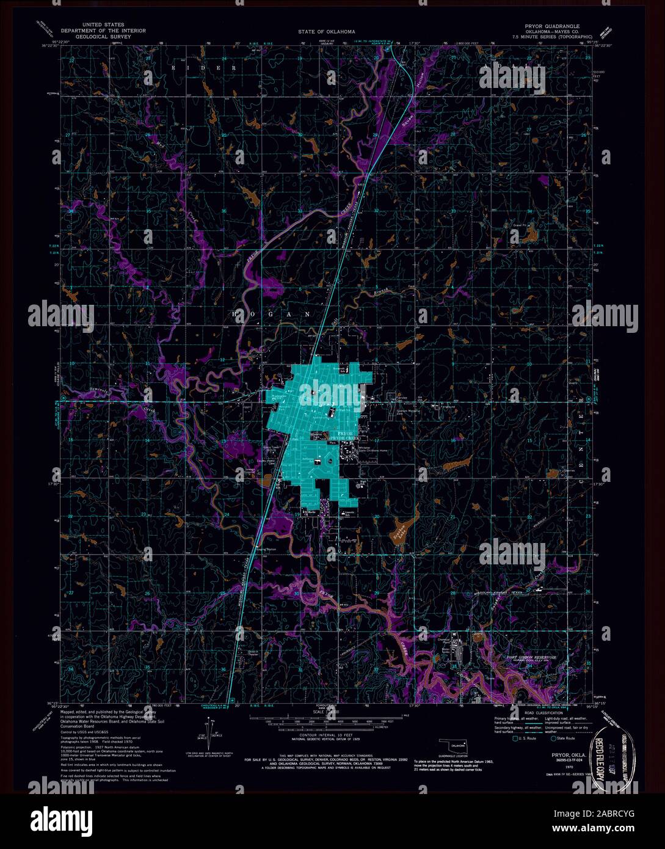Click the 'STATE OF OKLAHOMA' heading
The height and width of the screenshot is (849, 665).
click(327, 31)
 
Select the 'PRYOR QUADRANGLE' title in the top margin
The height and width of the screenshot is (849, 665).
click(553, 27)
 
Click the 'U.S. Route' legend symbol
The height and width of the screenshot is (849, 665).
click(517, 738)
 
